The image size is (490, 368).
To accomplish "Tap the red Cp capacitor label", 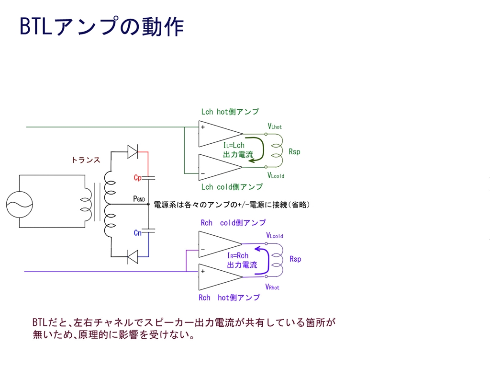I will (138, 178).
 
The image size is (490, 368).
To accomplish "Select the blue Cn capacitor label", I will (138, 233).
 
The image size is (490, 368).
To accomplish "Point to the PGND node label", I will (139, 199).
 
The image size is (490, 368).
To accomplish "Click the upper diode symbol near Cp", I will (133, 152).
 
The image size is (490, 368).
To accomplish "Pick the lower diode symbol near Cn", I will (133, 257).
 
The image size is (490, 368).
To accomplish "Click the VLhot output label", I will (275, 126).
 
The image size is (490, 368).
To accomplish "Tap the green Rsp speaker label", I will (294, 152).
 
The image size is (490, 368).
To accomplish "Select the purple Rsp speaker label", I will (295, 259).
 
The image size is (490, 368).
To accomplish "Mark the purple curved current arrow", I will (264, 261).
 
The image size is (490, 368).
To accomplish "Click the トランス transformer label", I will (86, 160).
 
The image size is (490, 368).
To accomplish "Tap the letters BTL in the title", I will (35, 27).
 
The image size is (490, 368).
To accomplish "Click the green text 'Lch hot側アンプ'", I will (230, 112).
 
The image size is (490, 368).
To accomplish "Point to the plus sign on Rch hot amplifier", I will (203, 271).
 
